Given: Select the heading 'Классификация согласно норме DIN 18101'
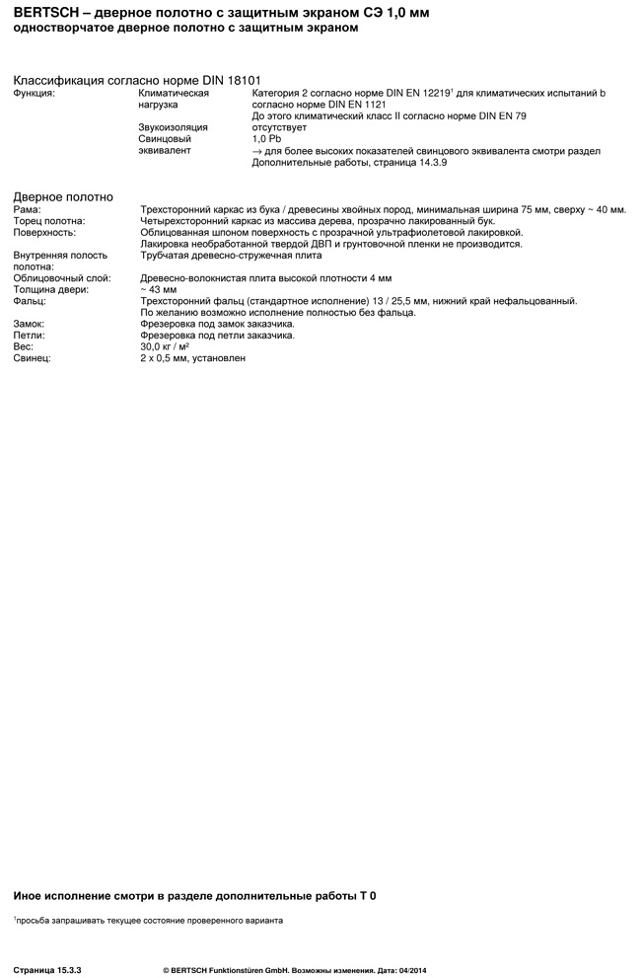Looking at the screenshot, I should (x=143, y=80).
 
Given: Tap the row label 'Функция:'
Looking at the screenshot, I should (x=35, y=93).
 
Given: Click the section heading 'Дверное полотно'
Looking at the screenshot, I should (x=63, y=197).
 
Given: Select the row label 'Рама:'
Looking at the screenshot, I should (x=28, y=209).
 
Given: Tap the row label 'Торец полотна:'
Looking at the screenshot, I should (x=49, y=221).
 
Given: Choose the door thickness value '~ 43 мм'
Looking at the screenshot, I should (x=159, y=289).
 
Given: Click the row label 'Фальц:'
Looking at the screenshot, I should (x=30, y=301).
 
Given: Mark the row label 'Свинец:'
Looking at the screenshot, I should (x=33, y=358).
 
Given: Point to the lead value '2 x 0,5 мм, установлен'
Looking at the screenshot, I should (x=193, y=358).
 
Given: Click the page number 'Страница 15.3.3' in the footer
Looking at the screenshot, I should (x=47, y=971).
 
